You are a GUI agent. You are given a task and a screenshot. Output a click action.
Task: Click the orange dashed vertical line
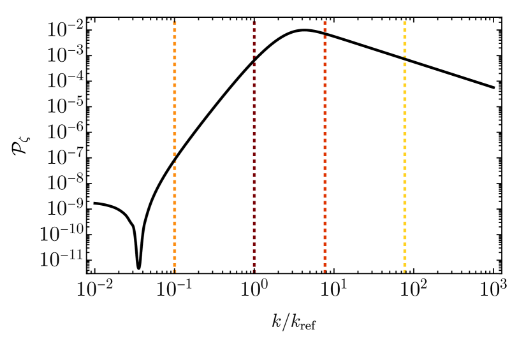175,96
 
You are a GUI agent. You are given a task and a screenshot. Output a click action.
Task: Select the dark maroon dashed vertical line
254,191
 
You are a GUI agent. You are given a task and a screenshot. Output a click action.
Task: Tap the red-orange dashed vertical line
325,96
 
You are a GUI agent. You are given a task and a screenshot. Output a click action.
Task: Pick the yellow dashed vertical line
405,191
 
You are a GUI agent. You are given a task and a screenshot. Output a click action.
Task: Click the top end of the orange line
175,18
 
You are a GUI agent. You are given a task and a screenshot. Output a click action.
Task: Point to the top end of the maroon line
254,18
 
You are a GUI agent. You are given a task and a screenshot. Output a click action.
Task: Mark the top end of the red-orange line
325,18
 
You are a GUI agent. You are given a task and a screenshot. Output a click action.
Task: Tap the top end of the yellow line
405,18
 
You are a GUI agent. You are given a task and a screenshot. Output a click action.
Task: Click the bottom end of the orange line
175,273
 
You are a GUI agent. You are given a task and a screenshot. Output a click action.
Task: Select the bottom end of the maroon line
254,273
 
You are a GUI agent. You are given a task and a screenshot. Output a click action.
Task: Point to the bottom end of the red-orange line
325,273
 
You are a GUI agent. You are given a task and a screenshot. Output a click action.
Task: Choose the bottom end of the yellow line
405,273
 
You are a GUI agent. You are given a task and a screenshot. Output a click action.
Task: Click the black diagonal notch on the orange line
175,157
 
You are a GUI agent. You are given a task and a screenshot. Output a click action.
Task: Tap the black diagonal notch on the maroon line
254,60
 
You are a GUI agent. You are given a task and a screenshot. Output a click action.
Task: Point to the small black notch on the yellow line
405,56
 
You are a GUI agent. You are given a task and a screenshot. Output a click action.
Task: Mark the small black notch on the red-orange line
325,271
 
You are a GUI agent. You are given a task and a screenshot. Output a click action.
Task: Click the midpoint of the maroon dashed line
254,145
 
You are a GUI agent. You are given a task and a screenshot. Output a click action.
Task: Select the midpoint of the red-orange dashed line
325,145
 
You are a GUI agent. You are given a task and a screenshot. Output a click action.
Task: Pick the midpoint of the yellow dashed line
405,145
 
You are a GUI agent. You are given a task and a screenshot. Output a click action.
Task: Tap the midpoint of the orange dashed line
175,145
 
